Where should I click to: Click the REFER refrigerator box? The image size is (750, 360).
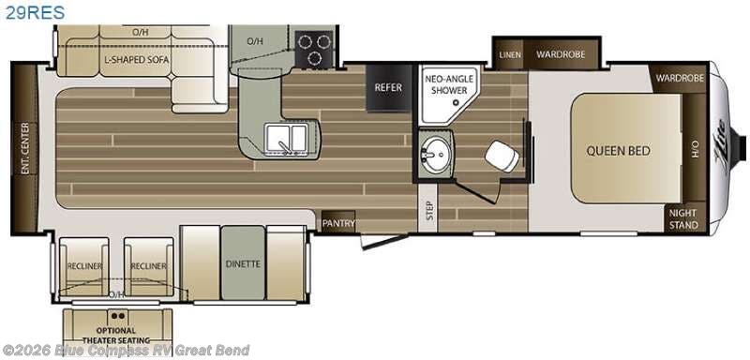point(388,88)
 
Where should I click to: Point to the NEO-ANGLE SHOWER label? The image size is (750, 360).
point(445,84)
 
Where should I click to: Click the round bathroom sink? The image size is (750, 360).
point(434,154)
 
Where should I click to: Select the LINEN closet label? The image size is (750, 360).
point(510,54)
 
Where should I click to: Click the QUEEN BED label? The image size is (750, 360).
point(619,150)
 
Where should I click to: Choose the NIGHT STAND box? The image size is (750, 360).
point(683,218)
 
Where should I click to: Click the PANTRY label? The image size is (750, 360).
point(336,223)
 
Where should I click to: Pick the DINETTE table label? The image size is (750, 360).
point(243,263)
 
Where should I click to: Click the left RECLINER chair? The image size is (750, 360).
point(82,265)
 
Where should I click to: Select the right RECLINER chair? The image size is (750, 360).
point(148,265)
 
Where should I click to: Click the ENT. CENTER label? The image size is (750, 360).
point(23,147)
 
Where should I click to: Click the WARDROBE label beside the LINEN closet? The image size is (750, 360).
point(561,54)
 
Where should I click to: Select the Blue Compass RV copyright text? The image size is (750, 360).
point(127,351)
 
